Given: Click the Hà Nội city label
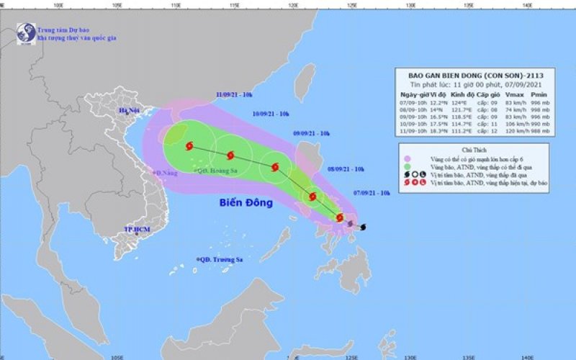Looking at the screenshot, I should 130,110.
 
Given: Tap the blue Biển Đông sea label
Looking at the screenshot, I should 246,203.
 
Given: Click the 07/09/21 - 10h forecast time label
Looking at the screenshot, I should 372,193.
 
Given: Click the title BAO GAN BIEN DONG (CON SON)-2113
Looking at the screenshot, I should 468,73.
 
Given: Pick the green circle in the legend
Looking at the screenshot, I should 408,166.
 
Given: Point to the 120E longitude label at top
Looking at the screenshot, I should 294,5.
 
